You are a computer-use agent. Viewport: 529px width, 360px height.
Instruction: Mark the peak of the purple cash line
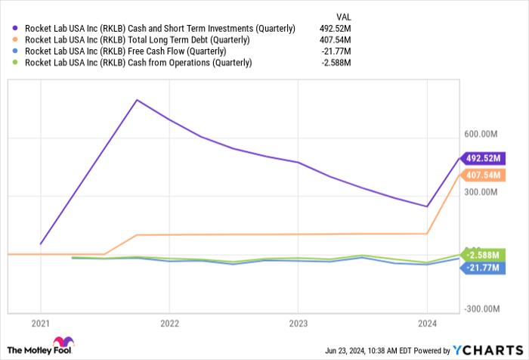click(x=137, y=99)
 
